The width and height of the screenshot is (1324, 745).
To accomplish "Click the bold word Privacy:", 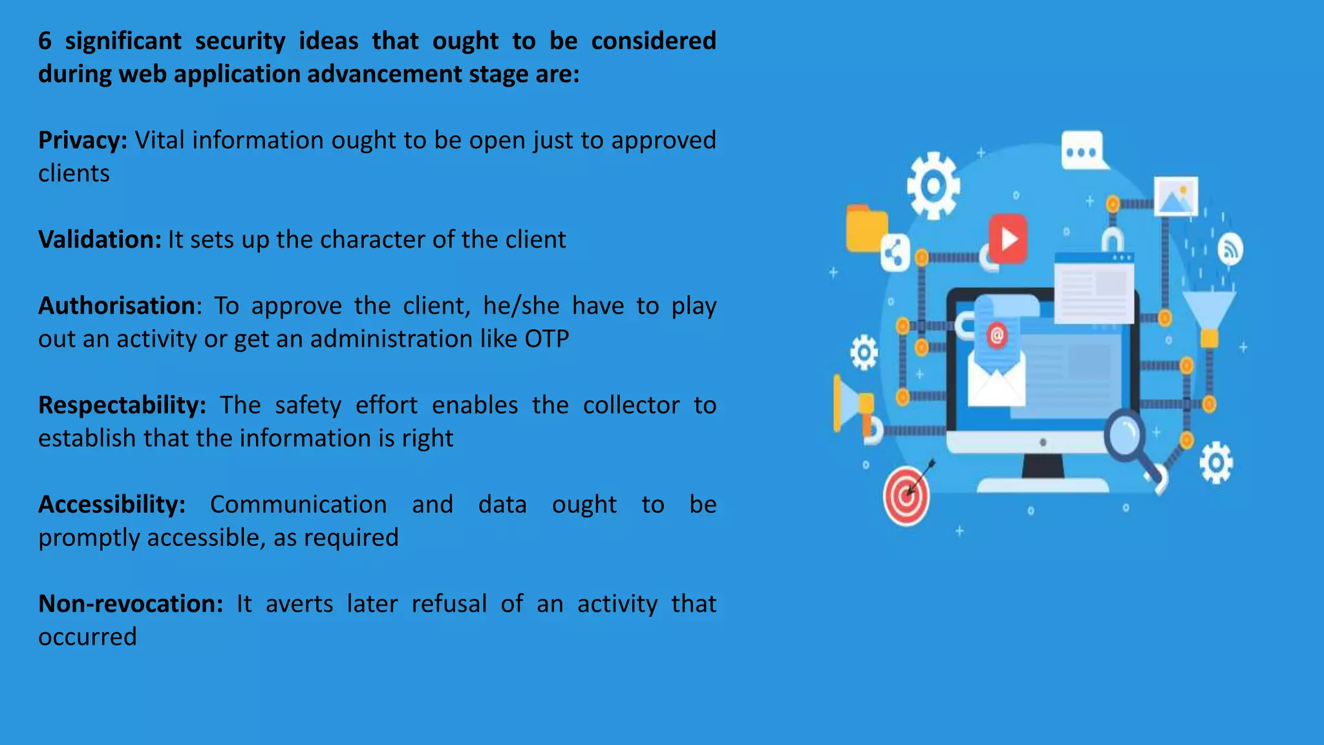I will pos(83,140).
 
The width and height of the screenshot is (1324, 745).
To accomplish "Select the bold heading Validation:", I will pos(100,240).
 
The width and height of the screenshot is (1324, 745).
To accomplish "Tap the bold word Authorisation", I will pos(116,306).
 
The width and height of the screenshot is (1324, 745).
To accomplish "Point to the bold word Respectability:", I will pos(122,405).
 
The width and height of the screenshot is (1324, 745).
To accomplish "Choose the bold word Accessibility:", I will pos(112,504).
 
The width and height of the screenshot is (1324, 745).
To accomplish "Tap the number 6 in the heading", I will pos(45,41).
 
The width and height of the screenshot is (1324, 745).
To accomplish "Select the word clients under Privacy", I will pos(74,173).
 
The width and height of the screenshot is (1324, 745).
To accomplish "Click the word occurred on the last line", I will pos(87,637).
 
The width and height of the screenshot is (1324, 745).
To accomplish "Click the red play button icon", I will pos(1007,239).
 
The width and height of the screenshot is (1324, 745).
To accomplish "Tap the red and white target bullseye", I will pos(906,496).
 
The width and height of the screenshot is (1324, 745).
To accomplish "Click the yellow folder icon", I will pos(866,228).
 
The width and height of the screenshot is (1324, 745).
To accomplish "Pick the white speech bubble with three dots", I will pos(1082,151).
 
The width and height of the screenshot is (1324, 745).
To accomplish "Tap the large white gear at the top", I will pos(933,186).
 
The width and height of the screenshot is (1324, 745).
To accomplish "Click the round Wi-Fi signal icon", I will pos(1230,249).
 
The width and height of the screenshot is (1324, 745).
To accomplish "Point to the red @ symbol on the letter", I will pos(997,335).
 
